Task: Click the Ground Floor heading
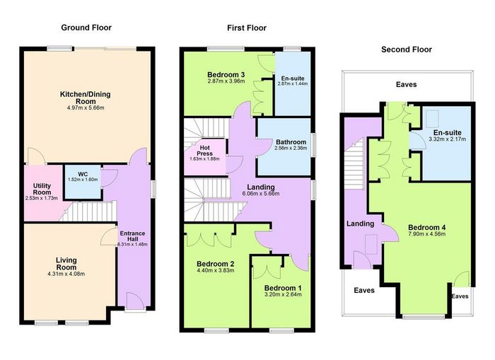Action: [x=86, y=28]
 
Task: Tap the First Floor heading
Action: [x=247, y=28]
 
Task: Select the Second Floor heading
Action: [x=407, y=50]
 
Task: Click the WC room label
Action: [x=83, y=174]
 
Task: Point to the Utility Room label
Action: [x=42, y=189]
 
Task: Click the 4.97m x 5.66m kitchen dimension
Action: [x=86, y=108]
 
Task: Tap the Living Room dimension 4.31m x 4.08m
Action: [x=66, y=274]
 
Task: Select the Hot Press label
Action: [x=204, y=151]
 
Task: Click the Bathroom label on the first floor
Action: [x=291, y=142]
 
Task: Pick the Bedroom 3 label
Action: [x=226, y=75]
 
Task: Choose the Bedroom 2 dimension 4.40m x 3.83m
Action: [x=215, y=271]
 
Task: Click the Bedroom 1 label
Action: [x=283, y=288]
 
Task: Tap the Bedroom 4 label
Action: [x=427, y=227]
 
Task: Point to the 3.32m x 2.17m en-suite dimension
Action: [x=448, y=139]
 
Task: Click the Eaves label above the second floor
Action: [x=407, y=84]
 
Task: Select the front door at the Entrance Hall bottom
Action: [x=136, y=301]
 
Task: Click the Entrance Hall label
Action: [x=133, y=236]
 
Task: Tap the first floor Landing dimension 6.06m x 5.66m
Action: [x=261, y=194]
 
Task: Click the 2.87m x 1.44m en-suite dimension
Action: [x=293, y=83]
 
